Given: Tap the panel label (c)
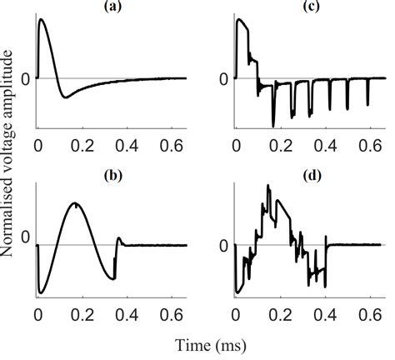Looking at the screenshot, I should coord(310,5).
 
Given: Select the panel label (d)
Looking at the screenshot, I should coord(310,177).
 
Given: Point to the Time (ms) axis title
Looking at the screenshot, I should coord(210,343).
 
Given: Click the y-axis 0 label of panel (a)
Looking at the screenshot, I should coord(26,79).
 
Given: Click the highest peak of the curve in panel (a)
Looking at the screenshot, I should coord(42,19).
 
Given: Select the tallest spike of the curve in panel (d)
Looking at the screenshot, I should coord(267,185).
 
